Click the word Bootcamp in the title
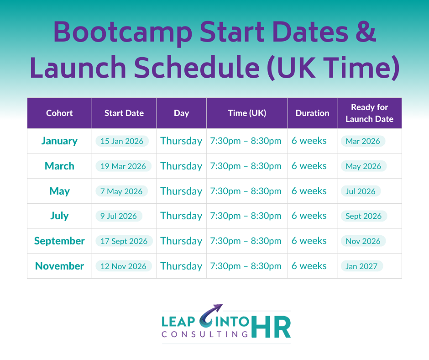coord(123,33)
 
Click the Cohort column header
coord(59,113)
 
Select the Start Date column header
coord(124,113)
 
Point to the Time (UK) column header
coord(247,113)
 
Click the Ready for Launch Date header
coord(369,113)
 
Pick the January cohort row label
coord(59,141)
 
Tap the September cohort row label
coord(59,241)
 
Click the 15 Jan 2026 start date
coord(122,141)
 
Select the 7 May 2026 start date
coord(121,191)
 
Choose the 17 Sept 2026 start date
coord(124,241)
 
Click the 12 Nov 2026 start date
coord(123,266)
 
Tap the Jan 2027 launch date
coord(362,266)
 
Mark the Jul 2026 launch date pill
coord(361,191)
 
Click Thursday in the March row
coord(181,166)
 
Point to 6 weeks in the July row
coord(309,216)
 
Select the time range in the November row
coord(246,266)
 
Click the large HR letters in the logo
coord(271,327)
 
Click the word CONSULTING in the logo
coord(204,334)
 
